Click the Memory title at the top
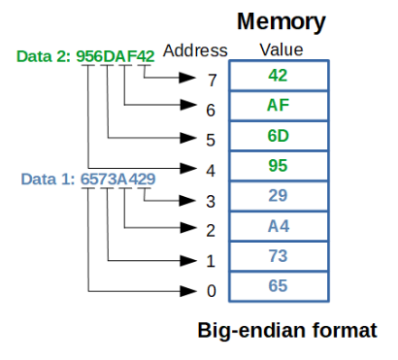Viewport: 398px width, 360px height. [x=282, y=21]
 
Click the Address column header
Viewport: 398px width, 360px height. [x=195, y=50]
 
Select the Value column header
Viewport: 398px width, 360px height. [x=282, y=50]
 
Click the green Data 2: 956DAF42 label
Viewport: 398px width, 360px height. [x=85, y=56]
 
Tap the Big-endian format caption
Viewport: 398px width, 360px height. [x=287, y=331]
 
